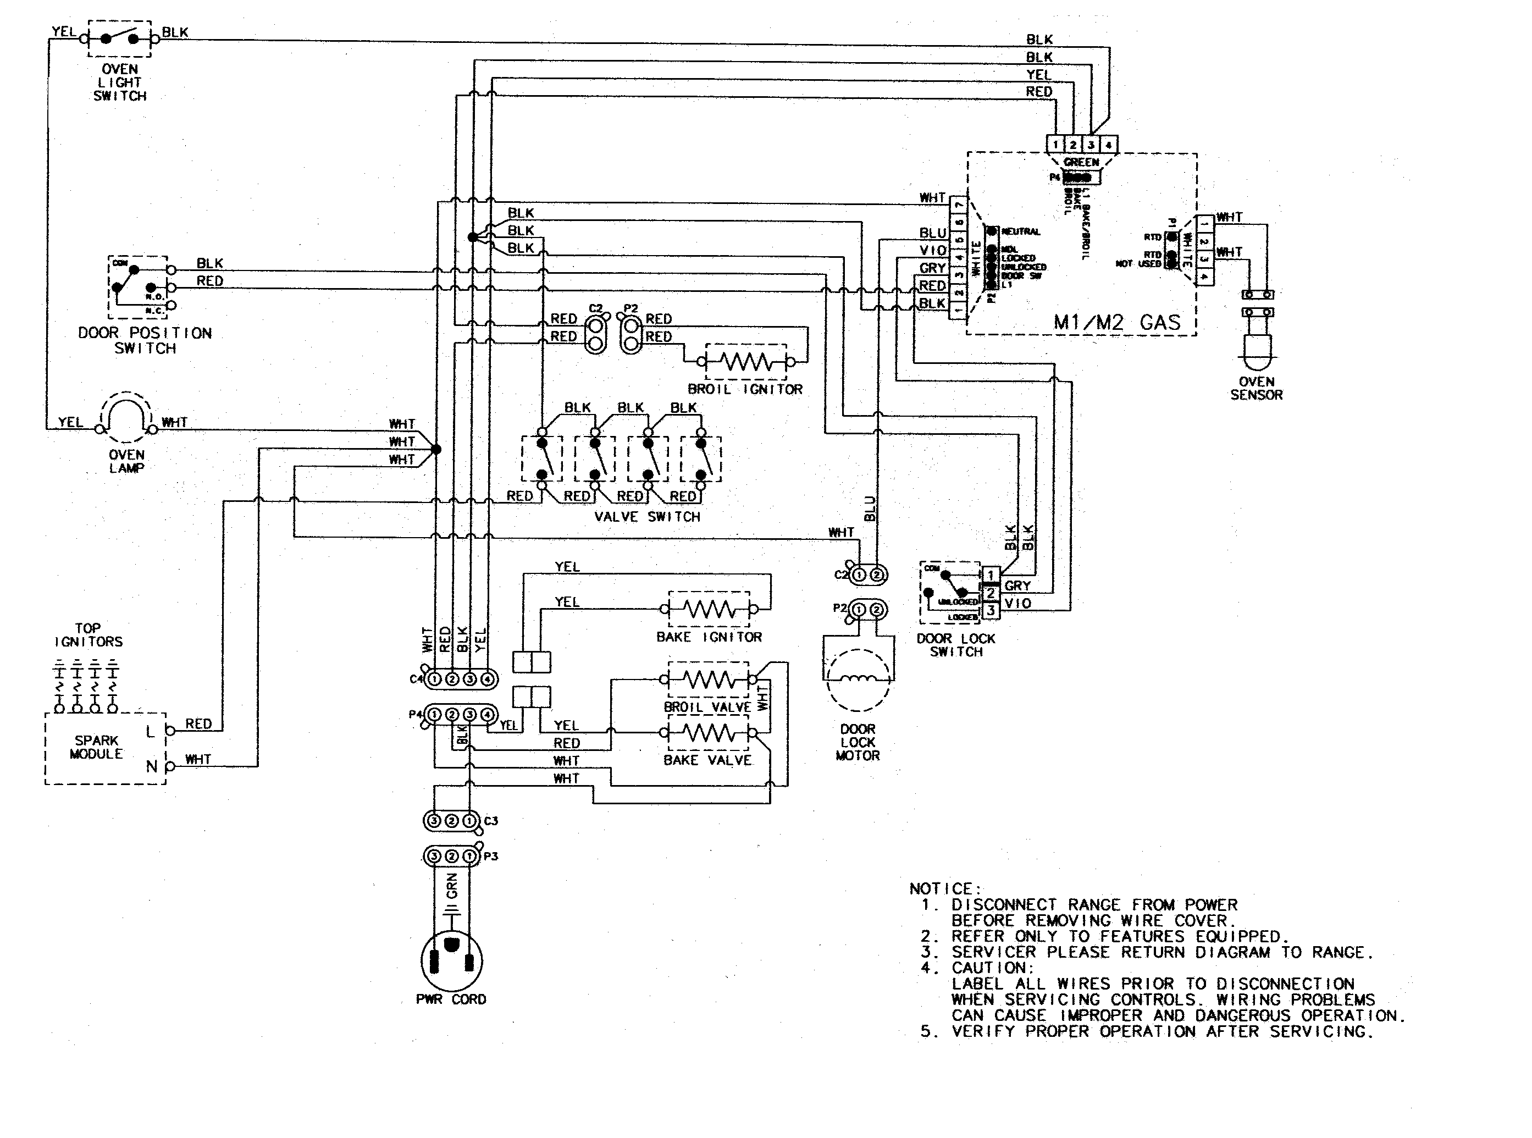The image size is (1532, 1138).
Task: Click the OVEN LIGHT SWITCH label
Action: (x=120, y=82)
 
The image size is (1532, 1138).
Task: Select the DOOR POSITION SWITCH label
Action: (x=145, y=340)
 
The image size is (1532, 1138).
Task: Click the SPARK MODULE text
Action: (x=96, y=747)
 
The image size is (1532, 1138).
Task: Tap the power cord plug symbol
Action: (x=451, y=961)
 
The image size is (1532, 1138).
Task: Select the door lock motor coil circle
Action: (x=858, y=680)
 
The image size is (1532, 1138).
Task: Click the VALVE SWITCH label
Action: (x=647, y=517)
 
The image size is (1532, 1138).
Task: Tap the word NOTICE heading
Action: (x=944, y=888)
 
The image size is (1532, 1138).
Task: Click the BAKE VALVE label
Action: (x=707, y=760)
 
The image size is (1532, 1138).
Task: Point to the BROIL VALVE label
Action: (x=707, y=708)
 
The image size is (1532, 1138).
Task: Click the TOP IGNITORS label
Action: (x=88, y=634)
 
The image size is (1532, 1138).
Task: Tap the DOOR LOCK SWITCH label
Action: (x=955, y=645)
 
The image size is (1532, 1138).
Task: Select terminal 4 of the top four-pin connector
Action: (x=1108, y=145)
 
